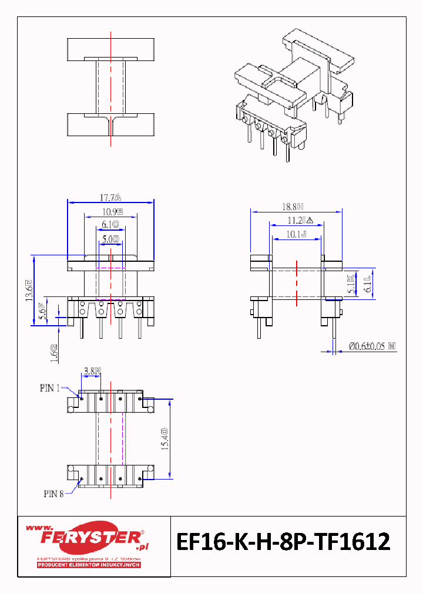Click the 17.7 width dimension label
110,197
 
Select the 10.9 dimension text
112,211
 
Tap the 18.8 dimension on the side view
292,207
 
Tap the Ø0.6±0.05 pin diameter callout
372,347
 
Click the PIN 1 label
50,388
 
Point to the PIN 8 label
53,494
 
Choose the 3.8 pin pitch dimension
92,370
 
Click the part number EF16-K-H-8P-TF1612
284,542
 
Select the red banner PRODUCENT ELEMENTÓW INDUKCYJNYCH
89,565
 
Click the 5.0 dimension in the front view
110,239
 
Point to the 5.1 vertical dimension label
351,284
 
